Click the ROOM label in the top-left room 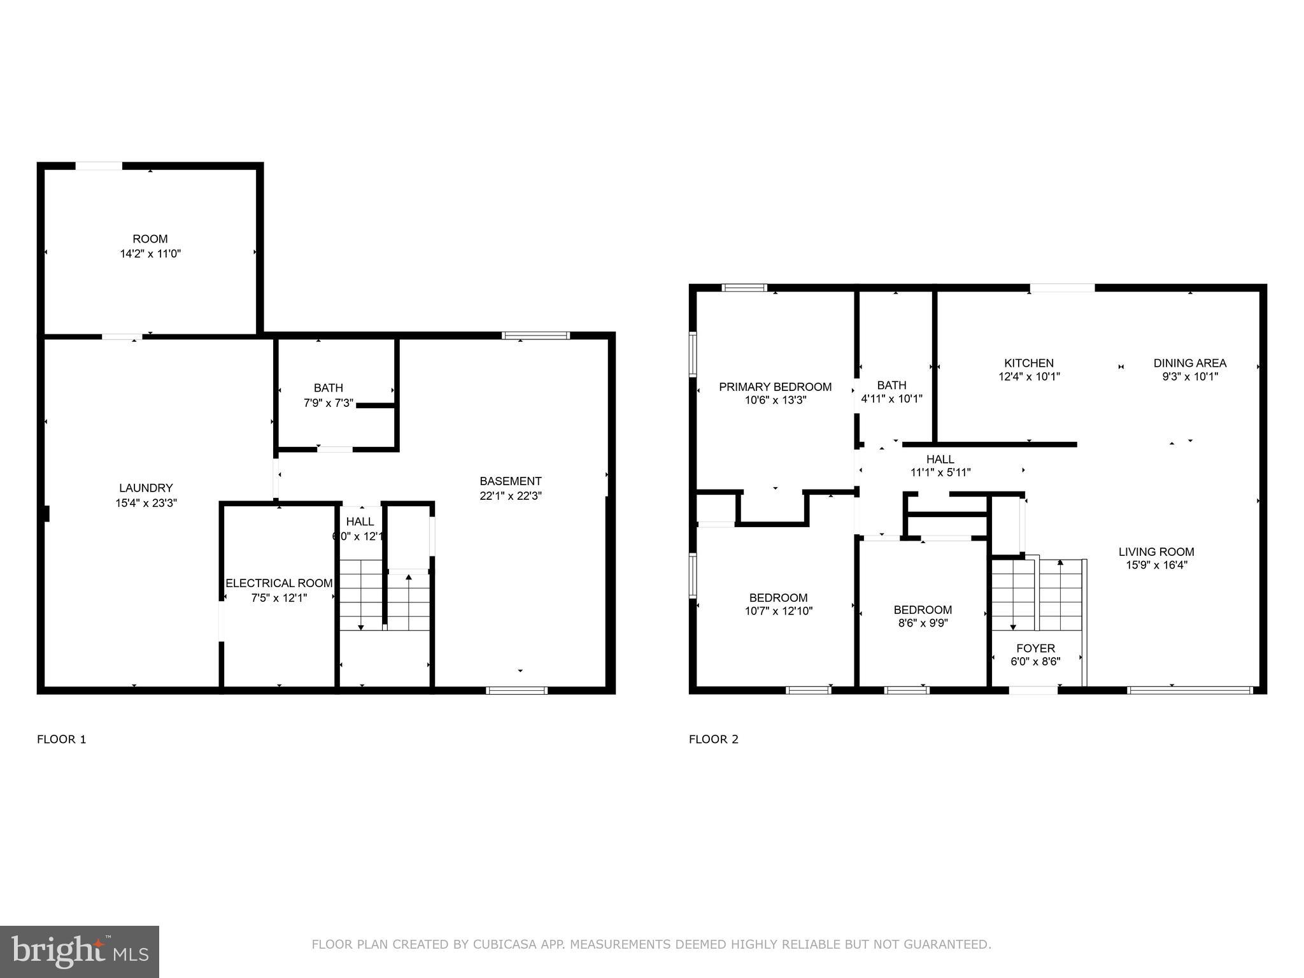click(150, 239)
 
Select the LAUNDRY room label click(146, 488)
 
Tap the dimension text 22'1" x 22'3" click(510, 496)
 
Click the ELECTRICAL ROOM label click(279, 583)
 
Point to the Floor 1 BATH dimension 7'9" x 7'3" click(329, 402)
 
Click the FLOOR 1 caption click(61, 739)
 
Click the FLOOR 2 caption click(713, 739)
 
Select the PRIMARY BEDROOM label click(775, 386)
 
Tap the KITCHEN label click(1029, 363)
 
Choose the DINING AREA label click(1189, 363)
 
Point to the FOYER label click(1035, 648)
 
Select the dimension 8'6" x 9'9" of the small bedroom click(923, 623)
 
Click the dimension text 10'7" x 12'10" click(778, 611)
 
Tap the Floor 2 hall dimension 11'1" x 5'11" click(940, 472)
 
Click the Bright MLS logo click(79, 952)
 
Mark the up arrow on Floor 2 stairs click(1060, 563)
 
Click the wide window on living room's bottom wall click(1189, 690)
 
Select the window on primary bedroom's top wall click(744, 288)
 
